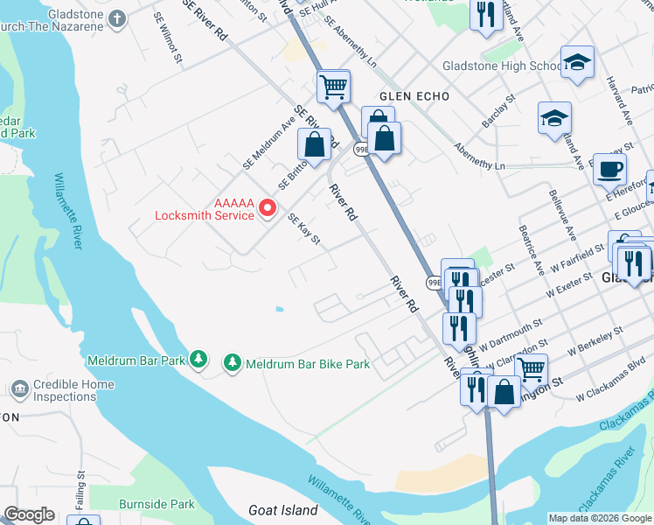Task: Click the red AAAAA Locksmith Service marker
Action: tap(269, 208)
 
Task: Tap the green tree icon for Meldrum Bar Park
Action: tap(199, 360)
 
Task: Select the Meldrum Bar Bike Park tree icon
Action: tap(232, 361)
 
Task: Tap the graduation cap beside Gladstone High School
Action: tap(576, 62)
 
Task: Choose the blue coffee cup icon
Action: tap(609, 169)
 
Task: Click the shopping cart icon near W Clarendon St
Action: tap(531, 369)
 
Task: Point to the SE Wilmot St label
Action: tap(168, 39)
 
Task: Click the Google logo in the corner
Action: tap(29, 514)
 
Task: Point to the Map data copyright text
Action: tap(600, 518)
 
